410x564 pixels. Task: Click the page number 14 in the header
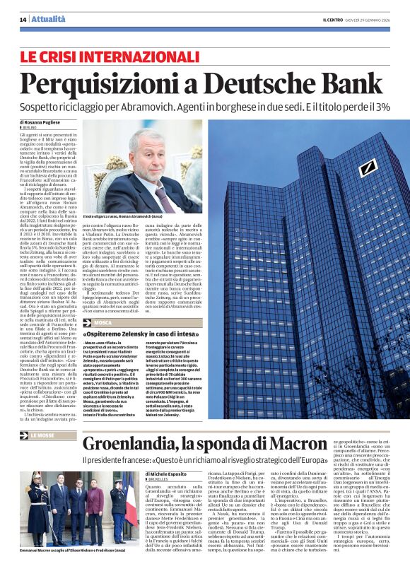[23, 19]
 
